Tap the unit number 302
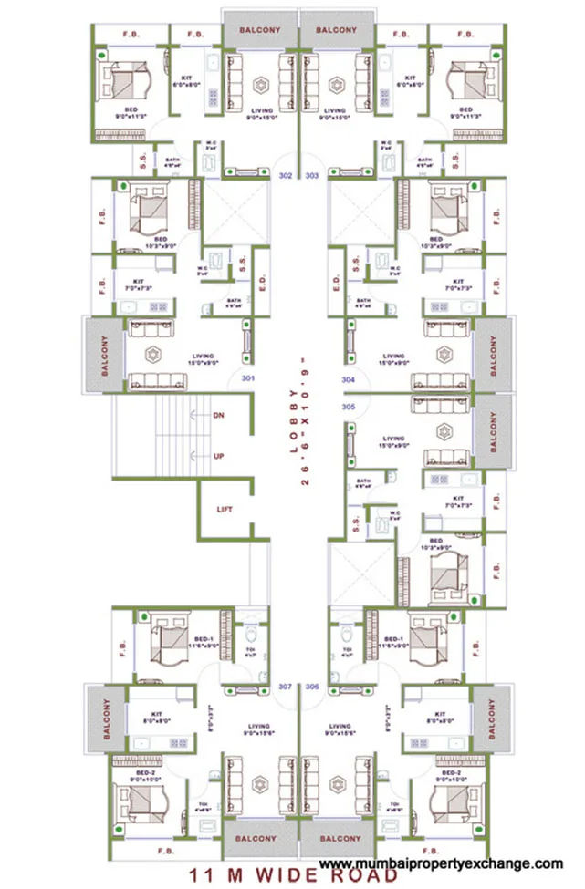click(286, 174)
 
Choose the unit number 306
click(312, 686)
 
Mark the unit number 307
click(284, 686)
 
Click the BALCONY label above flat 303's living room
click(335, 30)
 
